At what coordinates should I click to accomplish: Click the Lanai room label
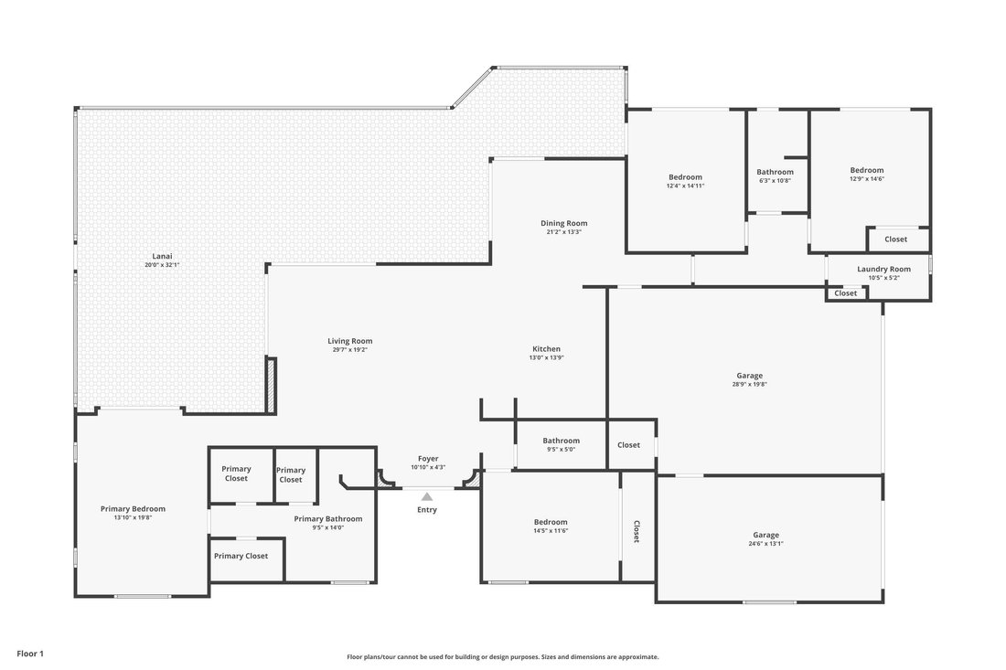pyautogui.click(x=162, y=257)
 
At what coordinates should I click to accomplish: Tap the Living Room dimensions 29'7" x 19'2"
pyautogui.click(x=349, y=350)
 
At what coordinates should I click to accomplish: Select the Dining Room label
pyautogui.click(x=564, y=223)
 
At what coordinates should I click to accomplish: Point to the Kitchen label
pyautogui.click(x=547, y=349)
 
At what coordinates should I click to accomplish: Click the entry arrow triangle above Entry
pyautogui.click(x=427, y=497)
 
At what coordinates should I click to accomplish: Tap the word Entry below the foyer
pyautogui.click(x=427, y=510)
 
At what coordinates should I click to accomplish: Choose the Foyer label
pyautogui.click(x=428, y=459)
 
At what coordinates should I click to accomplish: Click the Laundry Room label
pyautogui.click(x=883, y=270)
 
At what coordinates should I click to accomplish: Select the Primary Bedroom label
pyautogui.click(x=133, y=509)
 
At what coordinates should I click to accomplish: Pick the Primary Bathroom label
pyautogui.click(x=327, y=518)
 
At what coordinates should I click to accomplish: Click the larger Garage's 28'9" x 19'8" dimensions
pyautogui.click(x=749, y=385)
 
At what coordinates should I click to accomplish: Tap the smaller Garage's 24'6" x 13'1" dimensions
pyautogui.click(x=765, y=544)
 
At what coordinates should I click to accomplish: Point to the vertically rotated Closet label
pyautogui.click(x=637, y=531)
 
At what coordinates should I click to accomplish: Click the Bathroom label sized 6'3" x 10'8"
pyautogui.click(x=775, y=172)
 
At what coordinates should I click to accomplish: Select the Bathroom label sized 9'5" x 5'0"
pyautogui.click(x=562, y=441)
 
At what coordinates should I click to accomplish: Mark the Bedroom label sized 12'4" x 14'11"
pyautogui.click(x=685, y=177)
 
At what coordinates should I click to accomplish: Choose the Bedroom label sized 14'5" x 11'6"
pyautogui.click(x=551, y=522)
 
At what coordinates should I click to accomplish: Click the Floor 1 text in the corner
pyautogui.click(x=30, y=654)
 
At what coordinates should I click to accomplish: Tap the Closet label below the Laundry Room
pyautogui.click(x=846, y=293)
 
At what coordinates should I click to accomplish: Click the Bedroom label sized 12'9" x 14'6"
pyautogui.click(x=867, y=171)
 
